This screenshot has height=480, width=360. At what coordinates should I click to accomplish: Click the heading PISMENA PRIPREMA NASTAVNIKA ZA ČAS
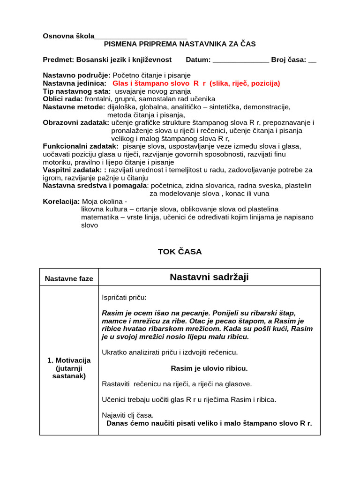180,44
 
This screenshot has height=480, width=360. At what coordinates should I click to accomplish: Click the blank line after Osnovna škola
141,37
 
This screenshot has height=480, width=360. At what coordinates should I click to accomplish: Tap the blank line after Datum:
241,60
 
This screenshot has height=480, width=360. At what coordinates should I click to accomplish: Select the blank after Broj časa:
313,60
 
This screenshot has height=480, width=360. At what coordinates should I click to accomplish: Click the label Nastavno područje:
76,75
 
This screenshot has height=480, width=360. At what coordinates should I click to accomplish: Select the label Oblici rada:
63,99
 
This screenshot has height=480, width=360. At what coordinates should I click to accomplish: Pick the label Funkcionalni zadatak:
81,146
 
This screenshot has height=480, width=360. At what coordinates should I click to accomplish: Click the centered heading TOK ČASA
180,252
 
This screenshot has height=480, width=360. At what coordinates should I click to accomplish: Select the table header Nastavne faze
69,279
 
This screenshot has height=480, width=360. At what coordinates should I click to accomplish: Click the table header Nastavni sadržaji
209,277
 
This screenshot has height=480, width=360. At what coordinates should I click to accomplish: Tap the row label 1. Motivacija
69,360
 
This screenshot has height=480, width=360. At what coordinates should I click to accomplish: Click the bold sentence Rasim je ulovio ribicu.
209,368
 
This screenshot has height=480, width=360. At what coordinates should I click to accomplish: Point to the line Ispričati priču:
124,298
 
